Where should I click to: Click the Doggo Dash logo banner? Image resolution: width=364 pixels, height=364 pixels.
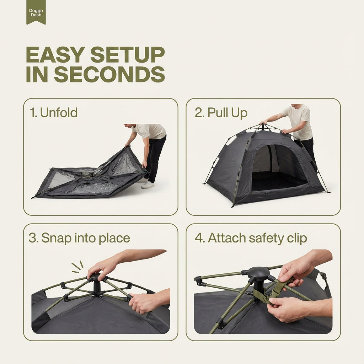tap(36, 12)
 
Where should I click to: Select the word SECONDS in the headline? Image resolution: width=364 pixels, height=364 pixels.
tap(109, 74)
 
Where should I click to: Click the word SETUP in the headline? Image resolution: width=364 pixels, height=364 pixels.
tap(128, 55)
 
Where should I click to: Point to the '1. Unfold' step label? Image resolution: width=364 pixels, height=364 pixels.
tap(54, 113)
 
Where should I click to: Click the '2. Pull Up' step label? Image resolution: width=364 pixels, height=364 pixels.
tap(221, 113)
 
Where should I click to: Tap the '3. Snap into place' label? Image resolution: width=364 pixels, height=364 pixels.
tap(79, 239)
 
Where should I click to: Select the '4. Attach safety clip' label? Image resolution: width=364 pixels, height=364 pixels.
tap(251, 239)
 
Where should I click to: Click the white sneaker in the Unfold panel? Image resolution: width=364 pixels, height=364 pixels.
tap(148, 185)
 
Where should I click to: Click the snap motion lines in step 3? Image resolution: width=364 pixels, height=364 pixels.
tap(77, 267)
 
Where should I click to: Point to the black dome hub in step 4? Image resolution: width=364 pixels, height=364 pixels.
tap(259, 272)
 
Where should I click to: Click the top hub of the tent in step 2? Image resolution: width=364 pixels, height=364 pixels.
tap(263, 127)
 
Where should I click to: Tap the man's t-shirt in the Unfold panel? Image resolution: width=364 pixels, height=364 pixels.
tap(150, 131)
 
